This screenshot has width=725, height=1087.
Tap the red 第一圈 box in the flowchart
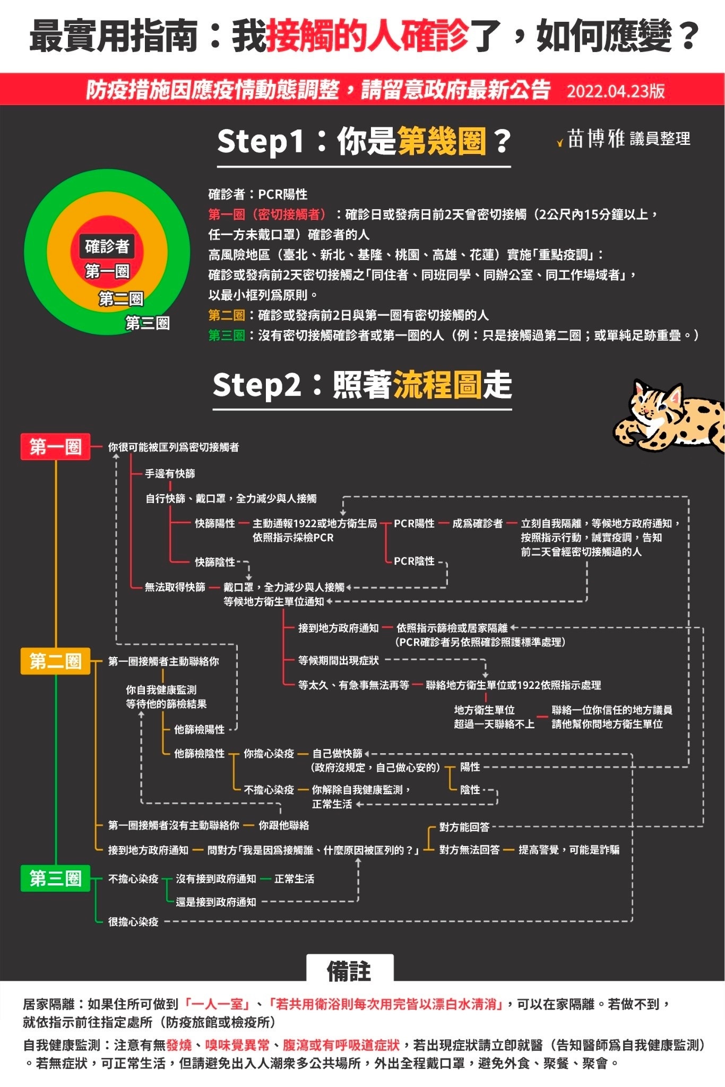pos(55,446)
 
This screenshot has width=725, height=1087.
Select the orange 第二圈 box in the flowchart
pos(55,661)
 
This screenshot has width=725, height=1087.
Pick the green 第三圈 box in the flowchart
pos(55,878)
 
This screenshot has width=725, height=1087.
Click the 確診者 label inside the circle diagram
pos(107,246)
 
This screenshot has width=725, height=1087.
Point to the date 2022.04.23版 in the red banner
pos(616,91)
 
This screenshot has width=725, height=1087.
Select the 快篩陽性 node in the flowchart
pos(215,523)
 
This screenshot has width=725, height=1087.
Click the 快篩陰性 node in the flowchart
pos(215,562)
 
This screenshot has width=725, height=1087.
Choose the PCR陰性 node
pos(414,561)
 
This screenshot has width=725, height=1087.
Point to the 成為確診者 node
pos(477,523)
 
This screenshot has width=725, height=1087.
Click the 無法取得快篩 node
pos(175,587)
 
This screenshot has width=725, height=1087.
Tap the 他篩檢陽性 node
pos(200,729)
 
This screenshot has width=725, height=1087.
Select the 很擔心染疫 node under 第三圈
pos(133,922)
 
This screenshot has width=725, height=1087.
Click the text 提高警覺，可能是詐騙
pos(569,850)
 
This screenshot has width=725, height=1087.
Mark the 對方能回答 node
pos(464,827)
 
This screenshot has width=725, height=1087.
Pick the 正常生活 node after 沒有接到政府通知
pos(294,879)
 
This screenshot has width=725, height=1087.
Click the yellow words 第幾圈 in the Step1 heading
pos(442,141)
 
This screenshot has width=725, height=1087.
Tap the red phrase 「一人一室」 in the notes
pos(218,1004)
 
